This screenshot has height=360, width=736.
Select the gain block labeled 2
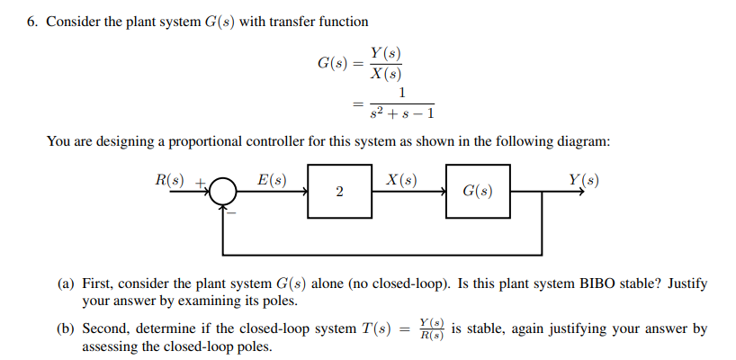(339, 191)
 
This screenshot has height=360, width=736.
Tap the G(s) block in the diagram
(478, 191)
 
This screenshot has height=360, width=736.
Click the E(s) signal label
(272, 179)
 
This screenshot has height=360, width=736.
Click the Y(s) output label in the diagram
(584, 179)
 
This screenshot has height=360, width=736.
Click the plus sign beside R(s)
(201, 183)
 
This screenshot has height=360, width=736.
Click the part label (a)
(67, 283)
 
